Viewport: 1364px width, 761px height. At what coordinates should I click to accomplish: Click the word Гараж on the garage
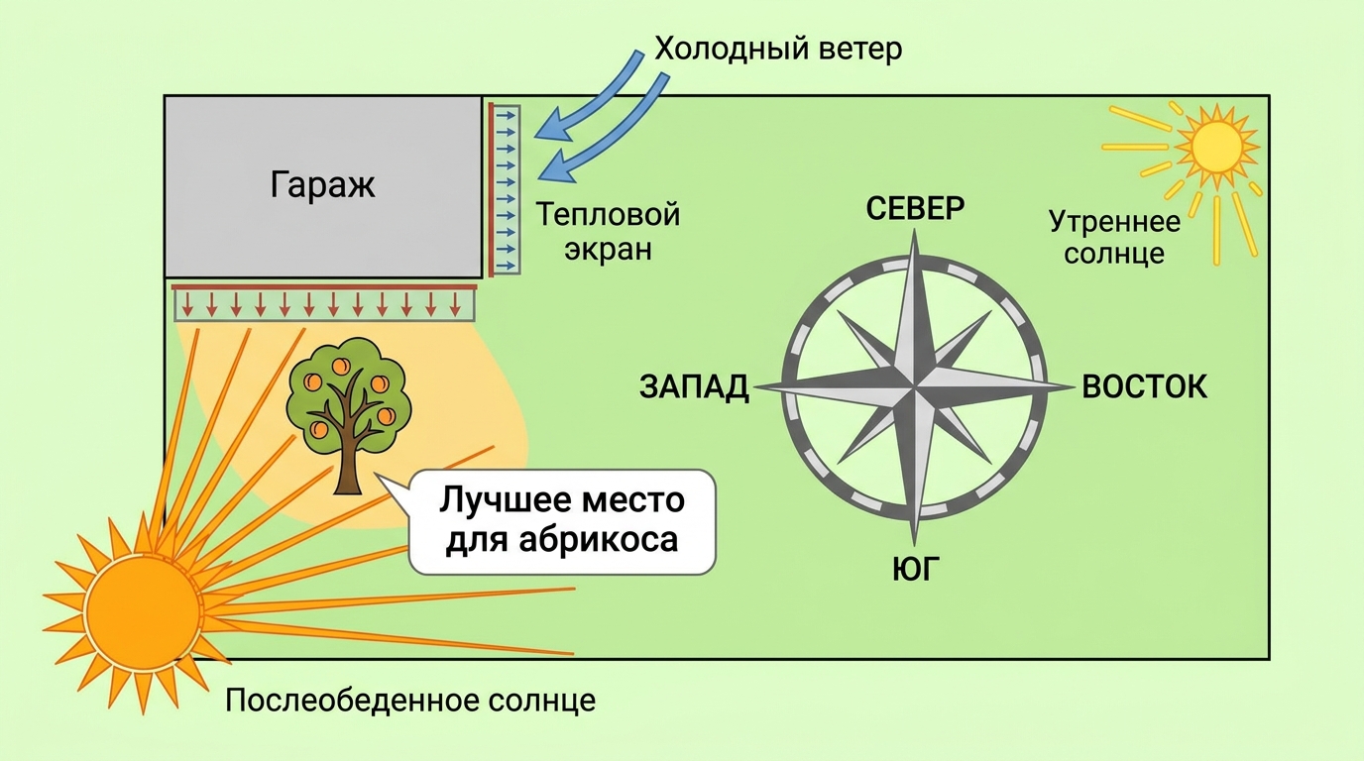pyautogui.click(x=322, y=184)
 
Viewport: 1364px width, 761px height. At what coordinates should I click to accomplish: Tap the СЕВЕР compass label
pyautogui.click(x=915, y=209)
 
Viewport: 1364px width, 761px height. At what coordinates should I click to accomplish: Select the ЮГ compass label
pyautogui.click(x=915, y=569)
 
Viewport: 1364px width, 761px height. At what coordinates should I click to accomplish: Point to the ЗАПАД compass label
pyautogui.click(x=694, y=387)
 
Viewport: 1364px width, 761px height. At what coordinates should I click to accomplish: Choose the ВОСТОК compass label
pyautogui.click(x=1144, y=387)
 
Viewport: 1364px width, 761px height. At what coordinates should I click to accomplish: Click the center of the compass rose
pyautogui.click(x=915, y=386)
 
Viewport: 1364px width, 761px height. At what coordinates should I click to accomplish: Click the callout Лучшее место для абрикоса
pyautogui.click(x=561, y=522)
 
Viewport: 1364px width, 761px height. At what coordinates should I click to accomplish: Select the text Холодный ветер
pyautogui.click(x=778, y=49)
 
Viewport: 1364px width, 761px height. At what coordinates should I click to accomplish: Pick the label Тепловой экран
pyautogui.click(x=608, y=232)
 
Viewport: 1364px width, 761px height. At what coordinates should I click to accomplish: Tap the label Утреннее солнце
pyautogui.click(x=1114, y=238)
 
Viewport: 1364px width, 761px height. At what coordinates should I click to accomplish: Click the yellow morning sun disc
pyautogui.click(x=1216, y=147)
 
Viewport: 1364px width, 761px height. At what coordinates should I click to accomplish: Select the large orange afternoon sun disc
pyautogui.click(x=143, y=611)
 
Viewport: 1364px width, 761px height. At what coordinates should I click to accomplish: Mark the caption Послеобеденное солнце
pyautogui.click(x=410, y=701)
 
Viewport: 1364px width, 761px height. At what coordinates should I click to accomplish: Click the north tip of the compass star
pyautogui.click(x=915, y=230)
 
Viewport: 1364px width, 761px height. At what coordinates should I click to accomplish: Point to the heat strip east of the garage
pyautogui.click(x=505, y=190)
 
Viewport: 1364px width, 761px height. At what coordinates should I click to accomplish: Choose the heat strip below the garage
pyautogui.click(x=324, y=302)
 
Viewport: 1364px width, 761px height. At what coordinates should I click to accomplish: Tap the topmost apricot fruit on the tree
pyautogui.click(x=340, y=366)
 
